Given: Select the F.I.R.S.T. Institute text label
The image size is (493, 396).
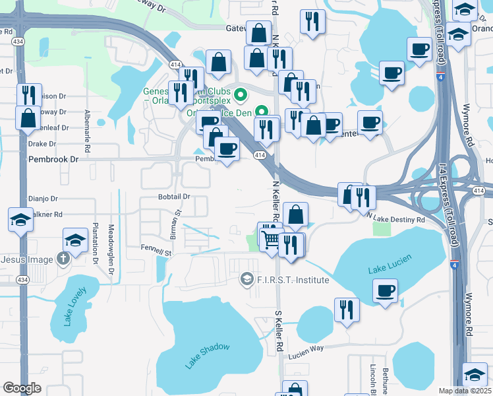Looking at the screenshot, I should coord(293,280).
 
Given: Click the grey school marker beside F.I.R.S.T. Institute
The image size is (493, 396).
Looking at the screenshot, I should coord(247,280).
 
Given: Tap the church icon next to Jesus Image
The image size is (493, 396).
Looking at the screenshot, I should coord(63,259).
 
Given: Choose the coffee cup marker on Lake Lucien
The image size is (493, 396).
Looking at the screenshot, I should coord(386,290).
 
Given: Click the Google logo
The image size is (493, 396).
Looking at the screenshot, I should coord(22,388).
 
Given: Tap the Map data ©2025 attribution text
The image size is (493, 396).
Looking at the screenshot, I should coord(465,391).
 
